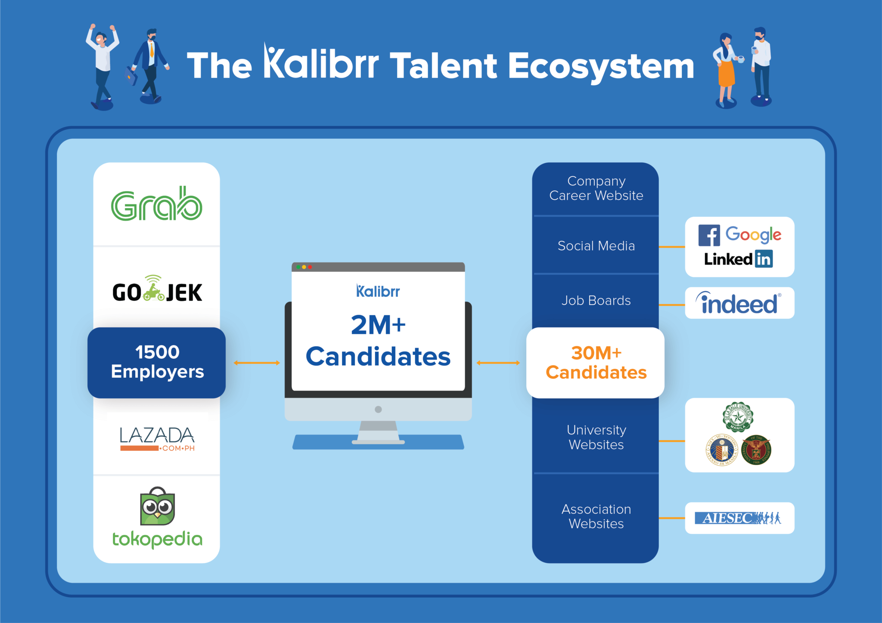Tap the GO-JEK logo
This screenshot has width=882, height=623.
tap(157, 290)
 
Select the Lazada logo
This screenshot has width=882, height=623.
tap(157, 438)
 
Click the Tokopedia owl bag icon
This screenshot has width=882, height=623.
tap(158, 506)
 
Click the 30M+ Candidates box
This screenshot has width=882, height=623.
tap(595, 362)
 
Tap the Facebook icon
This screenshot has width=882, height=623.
tap(709, 235)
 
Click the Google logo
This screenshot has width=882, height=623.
tap(753, 234)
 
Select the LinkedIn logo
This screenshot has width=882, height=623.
tap(738, 259)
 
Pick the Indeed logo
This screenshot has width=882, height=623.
tap(739, 303)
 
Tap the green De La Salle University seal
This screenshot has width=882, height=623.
tap(738, 416)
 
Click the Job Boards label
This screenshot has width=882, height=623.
tap(596, 300)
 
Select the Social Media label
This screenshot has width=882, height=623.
tap(596, 246)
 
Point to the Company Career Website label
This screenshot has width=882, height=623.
tap(596, 188)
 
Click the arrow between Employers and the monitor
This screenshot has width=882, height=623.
tap(257, 363)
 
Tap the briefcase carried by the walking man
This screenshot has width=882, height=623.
tap(131, 77)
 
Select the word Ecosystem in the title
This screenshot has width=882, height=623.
tap(601, 67)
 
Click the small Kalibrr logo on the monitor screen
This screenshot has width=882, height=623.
tap(378, 291)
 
